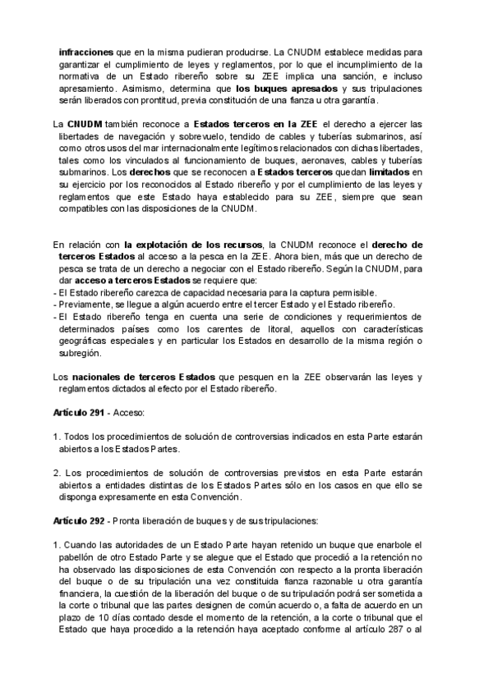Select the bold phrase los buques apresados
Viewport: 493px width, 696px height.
pos(286,88)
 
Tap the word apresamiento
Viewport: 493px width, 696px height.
pos(88,88)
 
